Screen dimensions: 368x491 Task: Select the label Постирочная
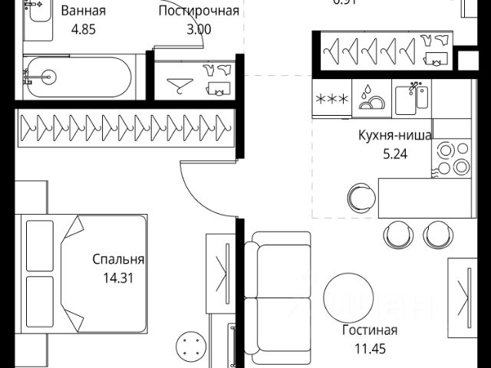[x=199, y=11]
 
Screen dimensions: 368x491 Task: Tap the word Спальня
[x=118, y=260]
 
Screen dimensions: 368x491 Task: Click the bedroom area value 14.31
[x=118, y=278]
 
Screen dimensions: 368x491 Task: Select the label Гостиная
[x=370, y=330]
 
